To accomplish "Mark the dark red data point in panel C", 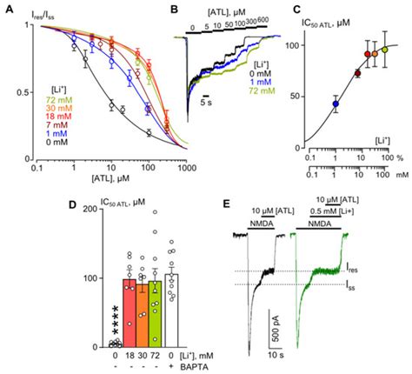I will [357, 73].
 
